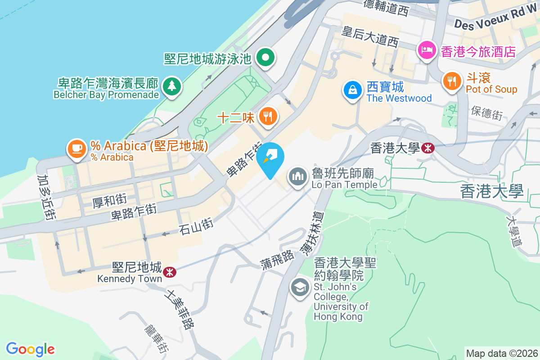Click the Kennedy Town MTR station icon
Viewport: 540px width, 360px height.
tap(170, 271)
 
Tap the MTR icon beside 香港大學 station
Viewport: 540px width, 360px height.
tap(428, 148)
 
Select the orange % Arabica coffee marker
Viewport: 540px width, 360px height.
tap(77, 149)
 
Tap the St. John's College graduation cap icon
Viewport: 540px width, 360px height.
tap(300, 287)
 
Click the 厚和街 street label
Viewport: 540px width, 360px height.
tap(109, 200)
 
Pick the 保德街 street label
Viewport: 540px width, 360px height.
tap(487, 113)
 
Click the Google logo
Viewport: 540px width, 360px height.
tap(30, 349)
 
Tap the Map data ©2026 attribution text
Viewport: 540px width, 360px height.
tap(502, 353)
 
